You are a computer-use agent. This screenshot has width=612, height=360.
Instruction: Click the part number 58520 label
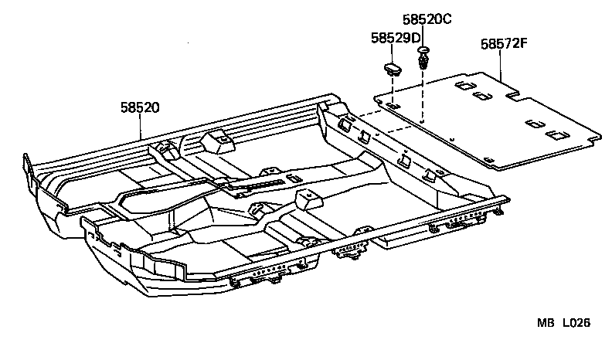(140, 108)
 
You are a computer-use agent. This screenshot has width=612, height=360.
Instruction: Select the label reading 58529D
(395, 38)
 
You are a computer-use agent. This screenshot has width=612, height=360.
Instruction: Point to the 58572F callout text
(504, 44)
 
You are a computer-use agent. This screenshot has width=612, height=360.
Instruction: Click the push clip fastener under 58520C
(423, 58)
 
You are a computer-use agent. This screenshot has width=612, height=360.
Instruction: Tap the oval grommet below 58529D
(393, 68)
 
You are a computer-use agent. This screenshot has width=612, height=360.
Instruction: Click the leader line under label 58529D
(393, 52)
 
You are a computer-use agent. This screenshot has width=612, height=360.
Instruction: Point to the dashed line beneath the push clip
(423, 97)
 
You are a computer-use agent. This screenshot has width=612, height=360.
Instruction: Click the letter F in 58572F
(524, 44)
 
